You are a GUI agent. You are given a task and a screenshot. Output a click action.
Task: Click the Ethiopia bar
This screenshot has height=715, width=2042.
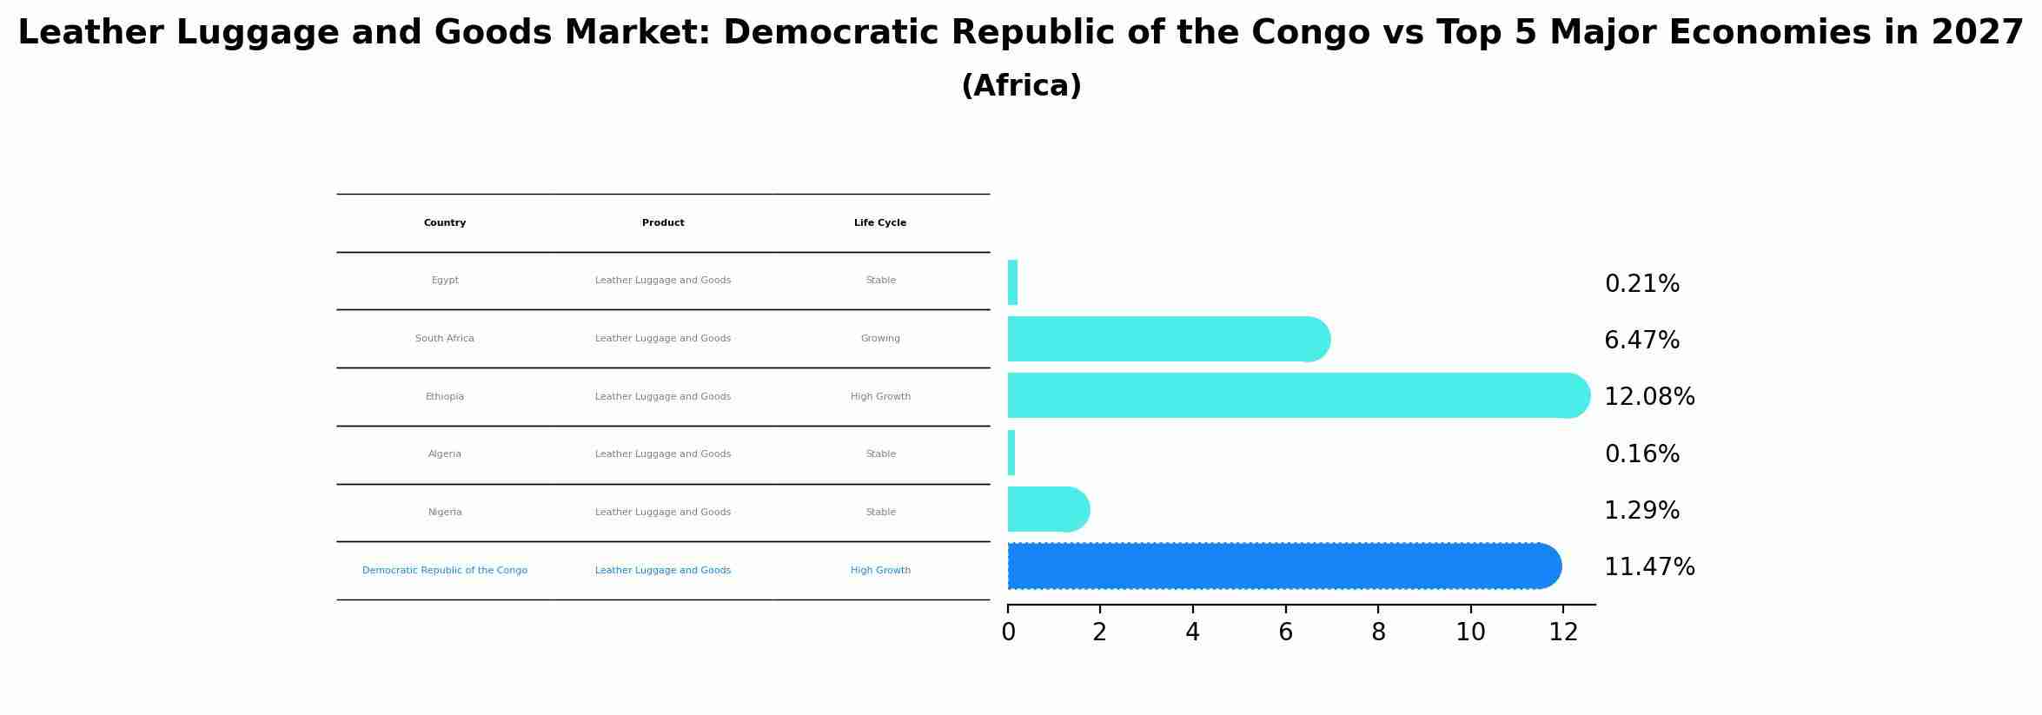(x=1295, y=395)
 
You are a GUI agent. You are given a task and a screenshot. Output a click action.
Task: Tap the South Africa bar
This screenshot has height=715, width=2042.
(x=1164, y=339)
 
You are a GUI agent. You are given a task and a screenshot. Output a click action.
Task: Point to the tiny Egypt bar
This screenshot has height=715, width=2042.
(x=1012, y=282)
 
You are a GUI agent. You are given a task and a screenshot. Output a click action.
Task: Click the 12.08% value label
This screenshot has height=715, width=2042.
(x=1648, y=397)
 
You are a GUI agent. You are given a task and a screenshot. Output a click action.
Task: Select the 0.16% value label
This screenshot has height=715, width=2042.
(x=1641, y=454)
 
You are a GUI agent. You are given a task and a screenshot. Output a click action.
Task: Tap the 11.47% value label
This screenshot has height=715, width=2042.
(x=1648, y=567)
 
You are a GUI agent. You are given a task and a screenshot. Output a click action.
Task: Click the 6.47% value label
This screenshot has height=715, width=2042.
(x=1641, y=341)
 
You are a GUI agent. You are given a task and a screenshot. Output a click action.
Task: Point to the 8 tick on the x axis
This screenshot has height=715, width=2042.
(x=1378, y=632)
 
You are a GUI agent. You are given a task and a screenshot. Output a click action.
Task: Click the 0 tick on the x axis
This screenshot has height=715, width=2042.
(x=1008, y=632)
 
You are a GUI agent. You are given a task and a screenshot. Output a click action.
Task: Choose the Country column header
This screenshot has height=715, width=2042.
(x=445, y=223)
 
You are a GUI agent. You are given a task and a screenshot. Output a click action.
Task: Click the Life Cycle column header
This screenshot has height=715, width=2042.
(x=880, y=223)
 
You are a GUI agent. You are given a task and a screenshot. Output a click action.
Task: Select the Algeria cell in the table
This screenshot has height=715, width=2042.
(x=445, y=454)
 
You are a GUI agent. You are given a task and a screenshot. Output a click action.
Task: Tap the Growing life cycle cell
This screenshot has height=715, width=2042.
(x=880, y=339)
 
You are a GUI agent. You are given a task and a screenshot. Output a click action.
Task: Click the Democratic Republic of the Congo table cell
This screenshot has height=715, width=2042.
(x=445, y=571)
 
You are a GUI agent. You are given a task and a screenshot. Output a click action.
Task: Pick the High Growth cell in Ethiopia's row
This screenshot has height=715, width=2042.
(x=880, y=397)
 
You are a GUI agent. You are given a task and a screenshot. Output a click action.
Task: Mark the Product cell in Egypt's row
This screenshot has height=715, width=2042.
(x=663, y=281)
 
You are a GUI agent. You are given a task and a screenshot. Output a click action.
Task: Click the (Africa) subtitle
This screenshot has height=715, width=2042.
(x=1021, y=86)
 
